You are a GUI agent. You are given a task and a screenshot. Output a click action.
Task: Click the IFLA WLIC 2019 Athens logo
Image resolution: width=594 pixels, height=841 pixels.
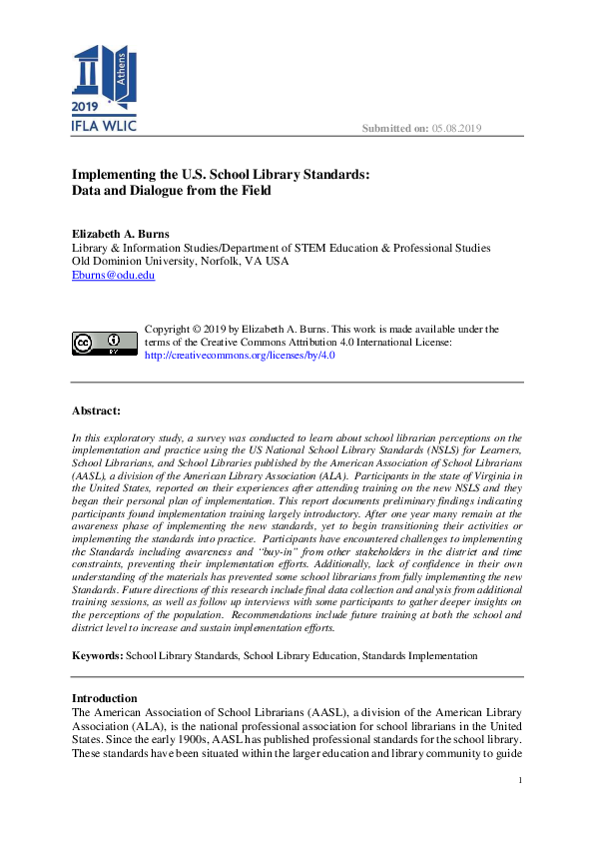point(104,88)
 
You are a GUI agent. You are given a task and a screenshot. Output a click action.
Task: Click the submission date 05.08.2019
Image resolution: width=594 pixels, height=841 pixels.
point(456,128)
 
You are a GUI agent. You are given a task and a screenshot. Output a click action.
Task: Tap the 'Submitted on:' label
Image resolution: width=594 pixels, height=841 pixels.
point(395,128)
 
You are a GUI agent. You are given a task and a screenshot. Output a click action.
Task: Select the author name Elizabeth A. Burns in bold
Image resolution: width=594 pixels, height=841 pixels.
point(121,234)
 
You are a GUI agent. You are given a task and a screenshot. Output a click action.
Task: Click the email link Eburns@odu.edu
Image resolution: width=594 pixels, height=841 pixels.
point(113,275)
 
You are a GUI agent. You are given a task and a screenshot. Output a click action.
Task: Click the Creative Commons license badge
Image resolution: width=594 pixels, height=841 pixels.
point(104,343)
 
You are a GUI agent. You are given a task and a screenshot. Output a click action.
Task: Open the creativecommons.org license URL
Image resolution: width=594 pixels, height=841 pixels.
point(240,355)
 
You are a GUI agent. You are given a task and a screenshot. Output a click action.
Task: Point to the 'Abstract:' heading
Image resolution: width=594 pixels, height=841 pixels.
point(96,411)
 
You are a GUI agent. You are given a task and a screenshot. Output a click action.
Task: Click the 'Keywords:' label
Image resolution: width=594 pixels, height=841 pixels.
point(97,655)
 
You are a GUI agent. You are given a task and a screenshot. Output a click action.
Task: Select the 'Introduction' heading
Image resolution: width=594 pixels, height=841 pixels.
point(104,697)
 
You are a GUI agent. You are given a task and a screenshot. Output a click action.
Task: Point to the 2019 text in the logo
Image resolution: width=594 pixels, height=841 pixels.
point(87,107)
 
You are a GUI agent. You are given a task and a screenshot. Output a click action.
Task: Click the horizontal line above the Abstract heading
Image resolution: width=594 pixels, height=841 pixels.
point(297,382)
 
